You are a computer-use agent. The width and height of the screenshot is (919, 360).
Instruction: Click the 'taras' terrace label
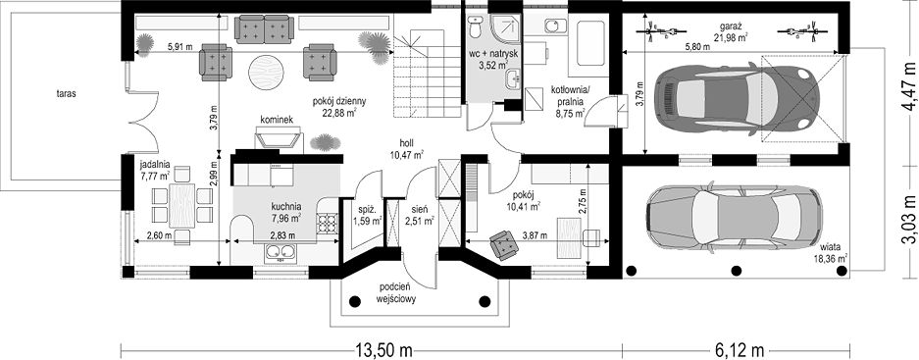(68, 92)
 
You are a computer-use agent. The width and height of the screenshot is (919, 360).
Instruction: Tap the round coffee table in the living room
(266, 73)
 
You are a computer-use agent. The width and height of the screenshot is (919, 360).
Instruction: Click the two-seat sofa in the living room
(264, 29)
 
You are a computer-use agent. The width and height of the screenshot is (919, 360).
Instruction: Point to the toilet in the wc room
(475, 26)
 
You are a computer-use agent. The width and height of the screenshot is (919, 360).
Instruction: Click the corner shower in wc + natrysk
(505, 31)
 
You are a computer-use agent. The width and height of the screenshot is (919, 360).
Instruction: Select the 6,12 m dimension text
(740, 351)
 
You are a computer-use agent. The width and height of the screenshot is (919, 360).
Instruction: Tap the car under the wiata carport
(732, 219)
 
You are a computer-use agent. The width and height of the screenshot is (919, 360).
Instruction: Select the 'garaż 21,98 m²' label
(730, 32)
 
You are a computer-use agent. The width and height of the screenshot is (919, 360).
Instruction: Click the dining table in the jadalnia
(181, 205)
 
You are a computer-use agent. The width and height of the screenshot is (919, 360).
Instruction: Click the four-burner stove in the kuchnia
(327, 224)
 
